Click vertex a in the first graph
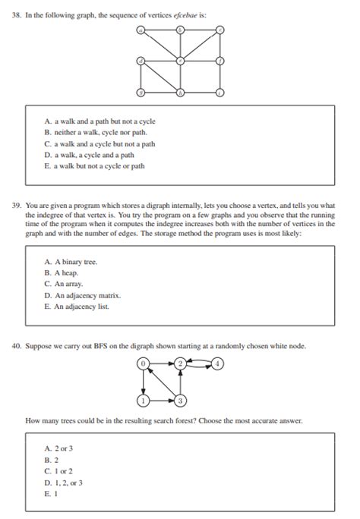tap(141, 30)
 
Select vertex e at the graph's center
tap(180, 61)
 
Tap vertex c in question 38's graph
tap(220, 30)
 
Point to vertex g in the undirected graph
tap(141, 93)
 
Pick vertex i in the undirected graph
tap(220, 93)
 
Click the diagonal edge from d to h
tap(160, 77)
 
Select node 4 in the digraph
tap(218, 363)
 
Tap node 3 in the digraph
tap(181, 400)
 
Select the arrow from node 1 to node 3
tap(162, 400)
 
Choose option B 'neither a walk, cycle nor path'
tap(95, 132)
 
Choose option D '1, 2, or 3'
tap(65, 482)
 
